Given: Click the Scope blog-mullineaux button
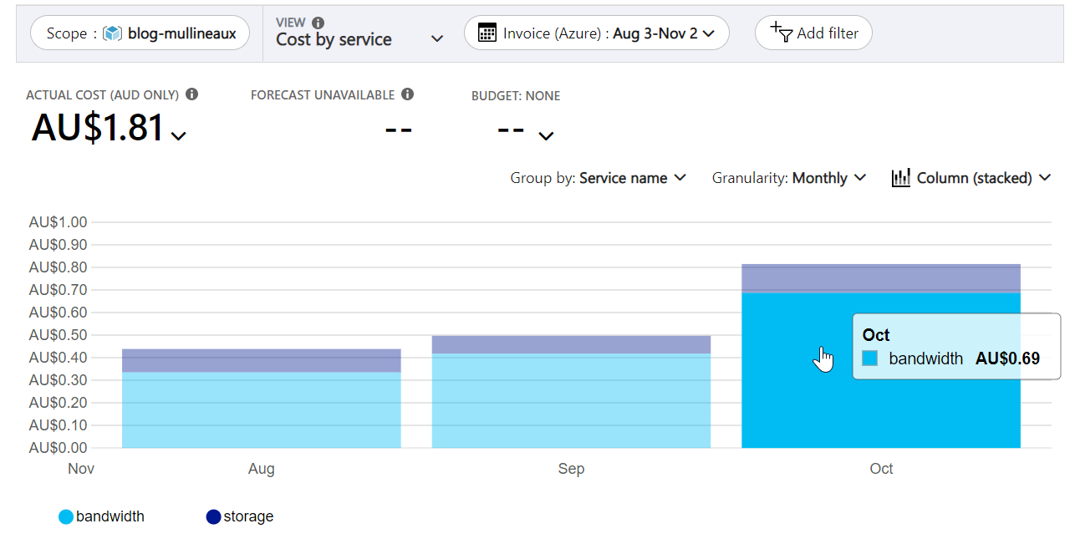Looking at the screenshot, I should point(140,33).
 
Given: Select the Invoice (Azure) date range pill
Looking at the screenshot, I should point(596,33).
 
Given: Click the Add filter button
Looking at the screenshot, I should point(813,33).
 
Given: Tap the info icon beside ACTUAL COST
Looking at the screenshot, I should point(192,94).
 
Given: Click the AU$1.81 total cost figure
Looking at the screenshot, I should point(98,128).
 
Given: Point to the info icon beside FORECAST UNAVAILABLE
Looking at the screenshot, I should point(407,94).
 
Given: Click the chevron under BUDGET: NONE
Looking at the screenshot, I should point(546,135).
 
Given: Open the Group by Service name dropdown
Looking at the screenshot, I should point(598,178).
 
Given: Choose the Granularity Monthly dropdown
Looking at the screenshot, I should point(788,178).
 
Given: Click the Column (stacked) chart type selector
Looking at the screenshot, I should point(971,178).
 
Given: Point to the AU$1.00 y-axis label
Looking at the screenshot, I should point(58,222).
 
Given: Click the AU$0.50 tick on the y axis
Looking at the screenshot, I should point(58,335).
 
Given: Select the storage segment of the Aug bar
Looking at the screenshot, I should point(261,360).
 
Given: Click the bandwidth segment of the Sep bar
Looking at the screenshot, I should point(571,400).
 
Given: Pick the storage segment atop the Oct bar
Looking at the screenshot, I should point(880,278).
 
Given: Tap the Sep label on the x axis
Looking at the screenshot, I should point(571,469).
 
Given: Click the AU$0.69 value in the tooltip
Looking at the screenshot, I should point(1007,358).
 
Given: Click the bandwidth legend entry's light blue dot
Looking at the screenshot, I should point(66,517).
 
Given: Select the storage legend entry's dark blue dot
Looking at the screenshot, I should point(213,517).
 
